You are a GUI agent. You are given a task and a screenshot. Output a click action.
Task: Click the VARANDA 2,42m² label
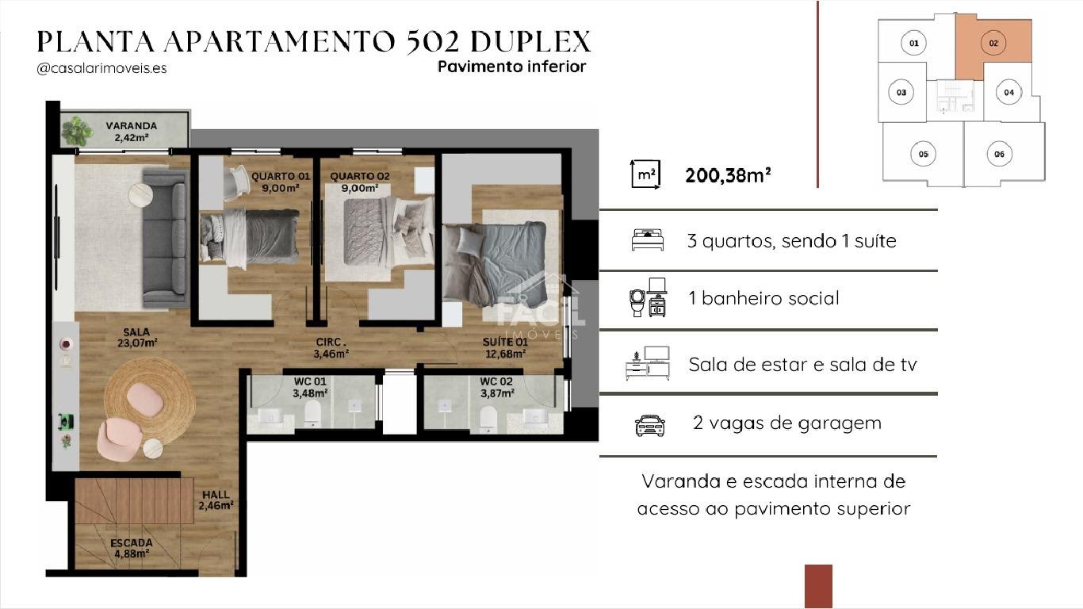(132, 132)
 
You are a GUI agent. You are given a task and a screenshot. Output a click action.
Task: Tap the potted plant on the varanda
(76, 131)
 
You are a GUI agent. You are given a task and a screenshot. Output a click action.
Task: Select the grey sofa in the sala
(165, 238)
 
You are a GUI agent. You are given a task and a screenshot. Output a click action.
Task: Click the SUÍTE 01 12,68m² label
(505, 348)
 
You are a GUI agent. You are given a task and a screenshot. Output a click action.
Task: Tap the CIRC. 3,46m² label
(331, 348)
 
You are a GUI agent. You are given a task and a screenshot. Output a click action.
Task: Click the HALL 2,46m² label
(216, 500)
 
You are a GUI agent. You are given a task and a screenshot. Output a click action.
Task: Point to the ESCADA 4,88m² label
(132, 548)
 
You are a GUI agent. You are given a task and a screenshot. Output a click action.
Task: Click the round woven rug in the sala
(150, 399)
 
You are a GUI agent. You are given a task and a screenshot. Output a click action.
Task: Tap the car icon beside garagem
(650, 425)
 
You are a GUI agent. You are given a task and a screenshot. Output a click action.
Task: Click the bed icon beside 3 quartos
(648, 240)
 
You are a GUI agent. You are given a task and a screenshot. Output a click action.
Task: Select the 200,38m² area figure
(728, 175)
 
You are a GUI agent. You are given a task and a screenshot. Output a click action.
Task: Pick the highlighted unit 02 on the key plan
(993, 44)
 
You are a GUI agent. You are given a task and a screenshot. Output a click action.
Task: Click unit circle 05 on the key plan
(924, 154)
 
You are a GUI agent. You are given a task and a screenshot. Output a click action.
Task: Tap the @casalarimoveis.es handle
(101, 68)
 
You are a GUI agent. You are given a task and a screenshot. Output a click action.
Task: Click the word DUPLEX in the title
(530, 41)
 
